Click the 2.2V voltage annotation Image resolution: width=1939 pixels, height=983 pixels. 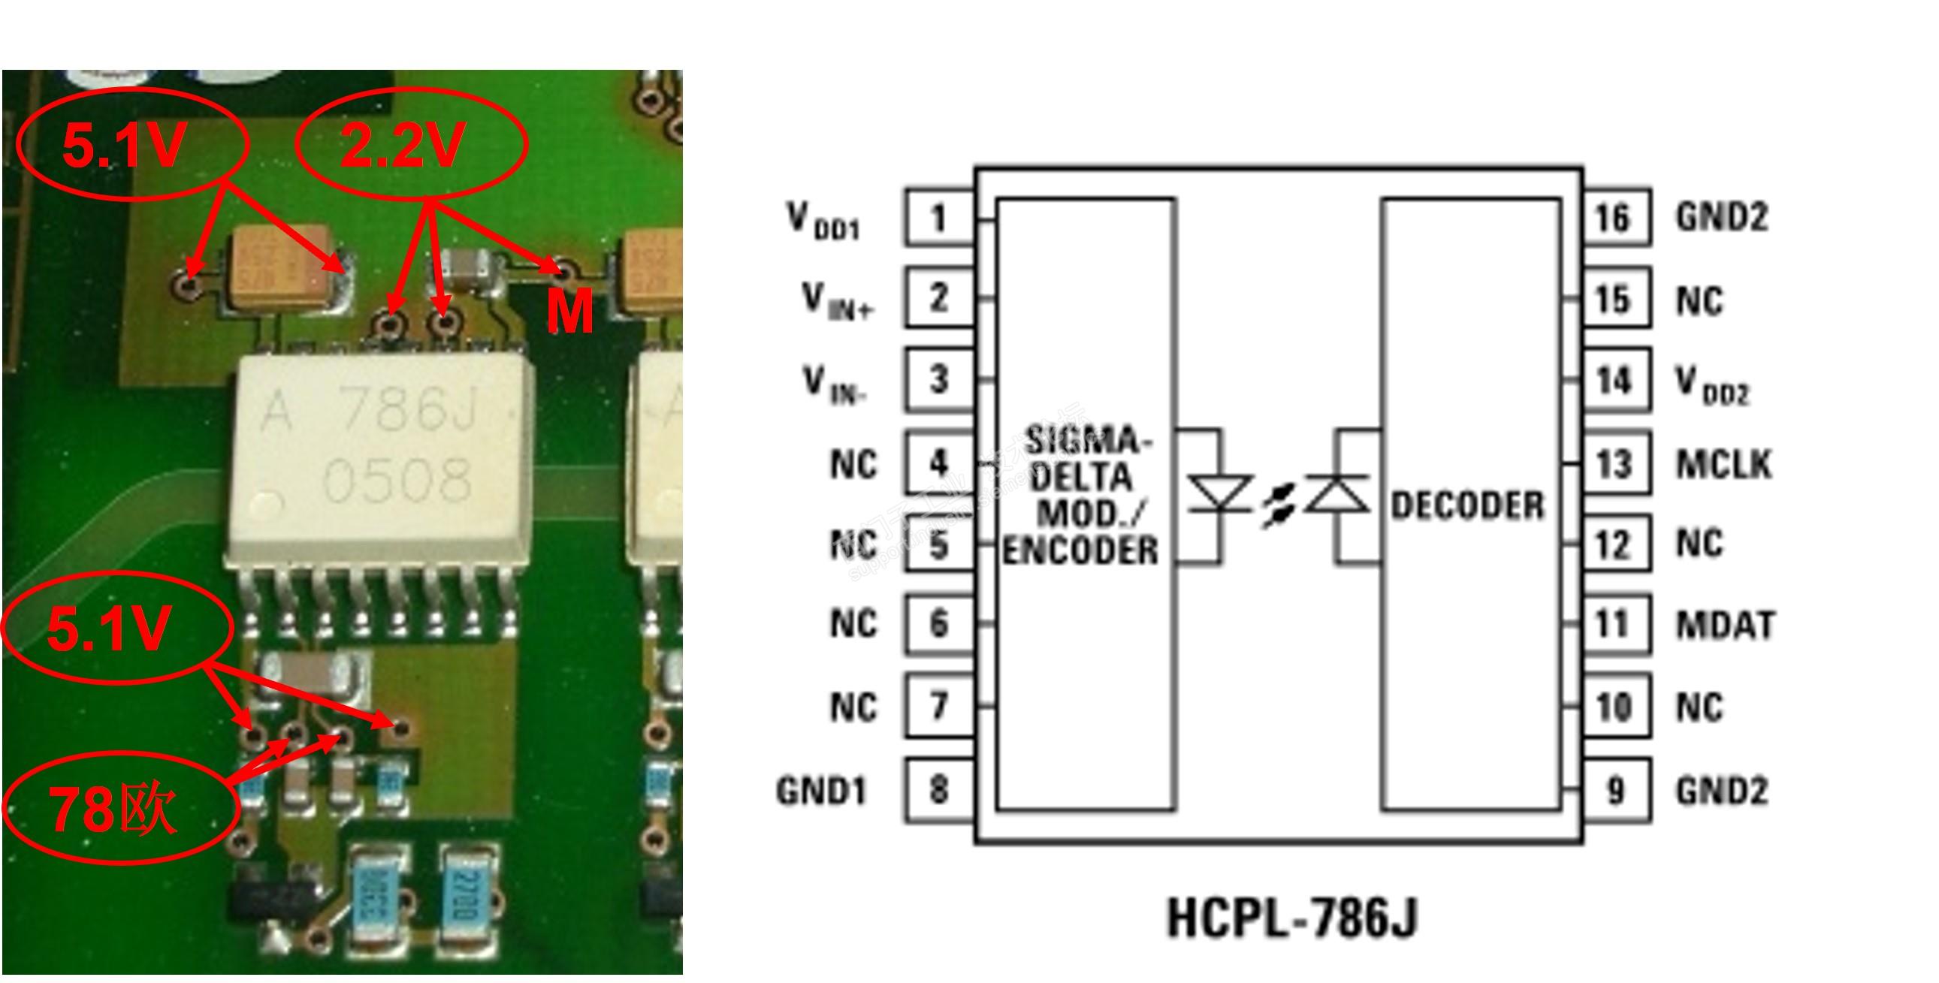[404, 145]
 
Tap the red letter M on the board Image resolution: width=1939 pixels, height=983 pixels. [569, 312]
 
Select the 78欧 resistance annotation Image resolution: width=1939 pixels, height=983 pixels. [113, 810]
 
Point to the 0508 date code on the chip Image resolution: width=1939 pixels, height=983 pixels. [397, 478]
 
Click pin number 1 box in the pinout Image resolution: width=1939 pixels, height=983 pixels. [938, 218]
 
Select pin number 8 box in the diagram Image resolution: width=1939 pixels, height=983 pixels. [938, 789]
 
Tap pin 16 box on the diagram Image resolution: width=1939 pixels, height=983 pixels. [1613, 218]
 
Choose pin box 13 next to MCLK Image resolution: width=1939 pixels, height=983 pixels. [1613, 463]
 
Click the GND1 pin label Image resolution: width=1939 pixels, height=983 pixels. [821, 791]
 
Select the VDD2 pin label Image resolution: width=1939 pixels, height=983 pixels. [1711, 384]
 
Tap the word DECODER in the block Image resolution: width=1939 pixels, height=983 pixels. [1467, 505]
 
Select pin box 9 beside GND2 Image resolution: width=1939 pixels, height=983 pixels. [1613, 789]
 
